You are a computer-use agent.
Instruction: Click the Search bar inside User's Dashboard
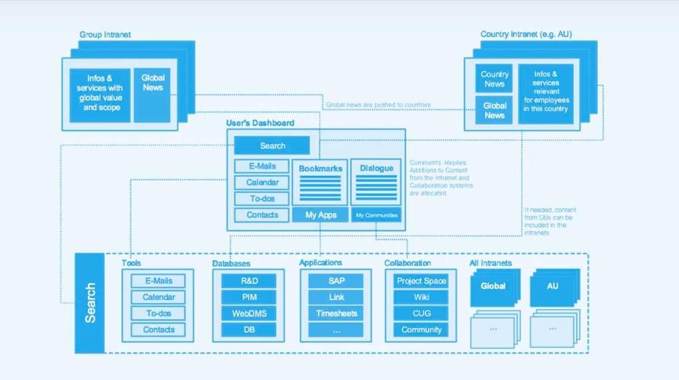[x=272, y=145]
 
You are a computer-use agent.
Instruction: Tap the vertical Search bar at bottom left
[x=89, y=302]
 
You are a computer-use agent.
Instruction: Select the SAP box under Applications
[x=336, y=281]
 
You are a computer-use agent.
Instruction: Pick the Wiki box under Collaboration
[x=421, y=297]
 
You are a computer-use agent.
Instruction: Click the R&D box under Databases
[x=248, y=281]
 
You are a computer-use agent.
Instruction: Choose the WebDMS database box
[x=248, y=313]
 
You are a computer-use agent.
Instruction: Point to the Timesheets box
[x=336, y=313]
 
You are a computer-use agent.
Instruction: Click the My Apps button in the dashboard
[x=321, y=215]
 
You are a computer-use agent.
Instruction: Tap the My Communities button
[x=377, y=215]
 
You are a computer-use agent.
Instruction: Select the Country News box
[x=494, y=79]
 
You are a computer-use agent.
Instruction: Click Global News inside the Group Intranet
[x=152, y=82]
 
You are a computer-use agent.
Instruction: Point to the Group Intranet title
[x=105, y=34]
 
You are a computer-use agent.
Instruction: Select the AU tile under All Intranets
[x=552, y=286]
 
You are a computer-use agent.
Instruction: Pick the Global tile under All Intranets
[x=493, y=286]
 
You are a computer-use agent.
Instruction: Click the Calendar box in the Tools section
[x=158, y=297]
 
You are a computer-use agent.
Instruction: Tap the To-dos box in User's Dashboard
[x=261, y=199]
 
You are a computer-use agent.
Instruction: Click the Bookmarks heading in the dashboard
[x=321, y=168]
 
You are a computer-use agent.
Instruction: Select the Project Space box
[x=421, y=281]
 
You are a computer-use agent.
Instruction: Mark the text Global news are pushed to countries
[x=378, y=105]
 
